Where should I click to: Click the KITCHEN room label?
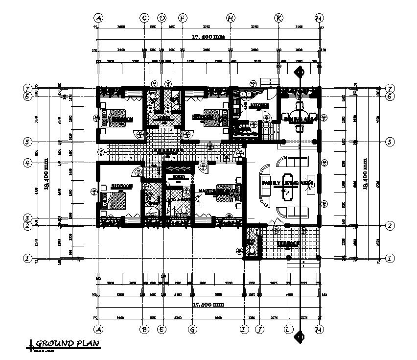click(259, 105)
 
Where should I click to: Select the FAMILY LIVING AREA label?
click(287, 183)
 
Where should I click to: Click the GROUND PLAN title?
click(68, 343)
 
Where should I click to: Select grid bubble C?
click(144, 18)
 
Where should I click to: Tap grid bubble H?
click(230, 18)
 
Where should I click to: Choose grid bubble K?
click(278, 18)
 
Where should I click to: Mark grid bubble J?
click(259, 329)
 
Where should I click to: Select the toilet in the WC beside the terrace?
click(252, 250)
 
